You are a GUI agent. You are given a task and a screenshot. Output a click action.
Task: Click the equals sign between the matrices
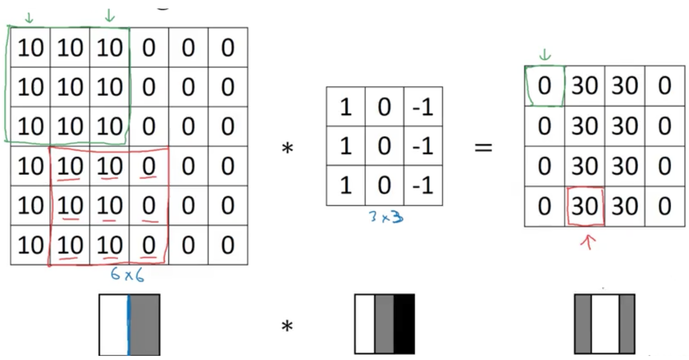(483, 149)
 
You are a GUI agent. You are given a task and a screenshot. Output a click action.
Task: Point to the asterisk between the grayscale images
(287, 326)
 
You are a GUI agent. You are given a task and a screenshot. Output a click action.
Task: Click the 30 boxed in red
(584, 207)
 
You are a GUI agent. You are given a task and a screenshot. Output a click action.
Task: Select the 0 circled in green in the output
(544, 86)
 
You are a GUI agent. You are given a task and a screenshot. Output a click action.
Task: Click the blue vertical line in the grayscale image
(128, 324)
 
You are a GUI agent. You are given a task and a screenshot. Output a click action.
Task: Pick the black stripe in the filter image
(404, 324)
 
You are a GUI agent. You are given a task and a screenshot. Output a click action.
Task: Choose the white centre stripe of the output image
(605, 324)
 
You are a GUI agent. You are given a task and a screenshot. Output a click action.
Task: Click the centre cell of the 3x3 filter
(384, 146)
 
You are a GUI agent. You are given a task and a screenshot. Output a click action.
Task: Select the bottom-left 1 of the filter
(345, 186)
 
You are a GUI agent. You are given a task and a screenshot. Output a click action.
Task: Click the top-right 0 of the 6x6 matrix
(228, 48)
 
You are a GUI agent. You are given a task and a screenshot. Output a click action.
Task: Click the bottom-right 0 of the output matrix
(664, 207)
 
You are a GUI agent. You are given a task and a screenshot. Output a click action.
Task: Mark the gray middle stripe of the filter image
(384, 324)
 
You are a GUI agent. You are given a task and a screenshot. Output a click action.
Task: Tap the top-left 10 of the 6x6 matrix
(30, 48)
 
